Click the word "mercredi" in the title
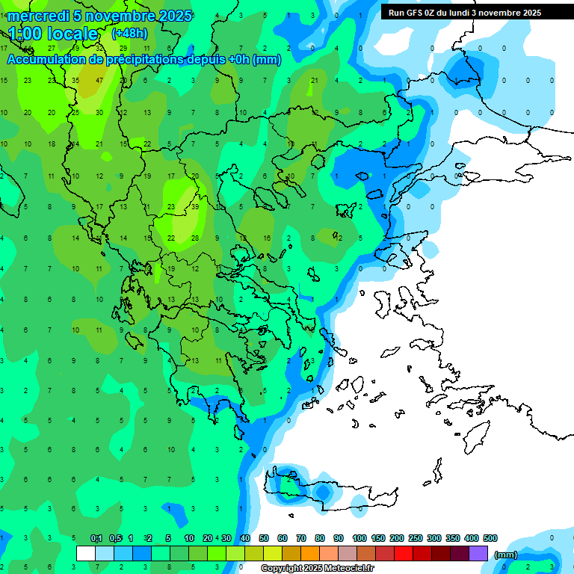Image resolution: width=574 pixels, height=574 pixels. pyautogui.click(x=37, y=16)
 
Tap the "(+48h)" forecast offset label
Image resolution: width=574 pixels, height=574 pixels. pyautogui.click(x=129, y=34)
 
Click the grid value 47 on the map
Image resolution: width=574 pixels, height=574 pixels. pyautogui.click(x=99, y=80)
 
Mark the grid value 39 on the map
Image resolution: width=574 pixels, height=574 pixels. pyautogui.click(x=195, y=206)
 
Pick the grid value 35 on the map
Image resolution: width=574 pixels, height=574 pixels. pyautogui.click(x=75, y=80)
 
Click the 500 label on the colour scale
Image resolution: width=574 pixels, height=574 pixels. pyautogui.click(x=490, y=538)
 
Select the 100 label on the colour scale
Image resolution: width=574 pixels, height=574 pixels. pyautogui.click(x=359, y=538)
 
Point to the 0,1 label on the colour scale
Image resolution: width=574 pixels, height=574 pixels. pyautogui.click(x=96, y=538)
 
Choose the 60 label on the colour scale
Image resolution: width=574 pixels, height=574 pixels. pyautogui.click(x=283, y=538)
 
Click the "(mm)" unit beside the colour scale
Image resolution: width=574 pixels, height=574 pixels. pyautogui.click(x=506, y=555)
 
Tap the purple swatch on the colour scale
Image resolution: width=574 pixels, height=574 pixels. pyautogui.click(x=478, y=553)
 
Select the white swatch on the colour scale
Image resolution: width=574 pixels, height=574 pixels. pyautogui.click(x=86, y=553)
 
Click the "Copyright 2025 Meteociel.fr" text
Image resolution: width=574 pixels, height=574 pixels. pyautogui.click(x=317, y=568)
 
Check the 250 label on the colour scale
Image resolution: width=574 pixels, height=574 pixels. pyautogui.click(x=416, y=538)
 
